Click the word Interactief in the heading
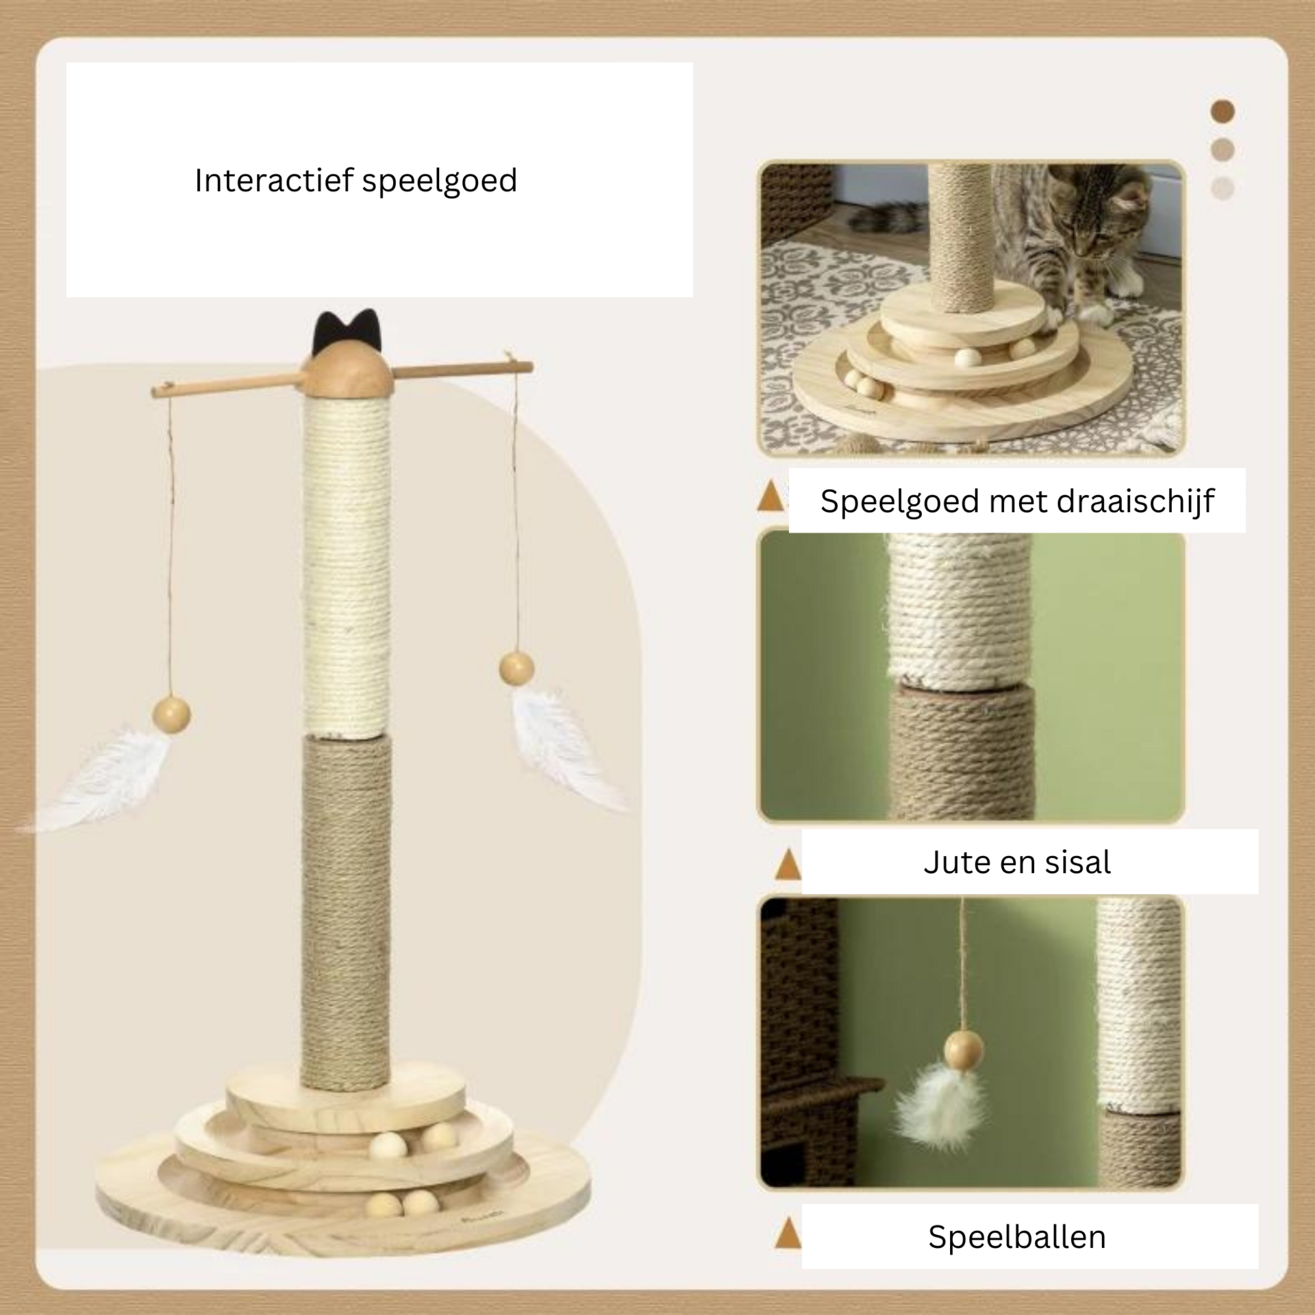pos(274,180)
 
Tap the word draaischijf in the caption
pos(1135,501)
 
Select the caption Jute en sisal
pos(1017,862)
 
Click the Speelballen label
pos(1017,1237)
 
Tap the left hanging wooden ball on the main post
pos(172,714)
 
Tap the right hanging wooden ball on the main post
pos(516,668)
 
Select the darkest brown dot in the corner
pos(1223,111)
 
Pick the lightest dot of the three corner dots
pos(1223,188)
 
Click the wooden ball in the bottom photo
pos(964,1049)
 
